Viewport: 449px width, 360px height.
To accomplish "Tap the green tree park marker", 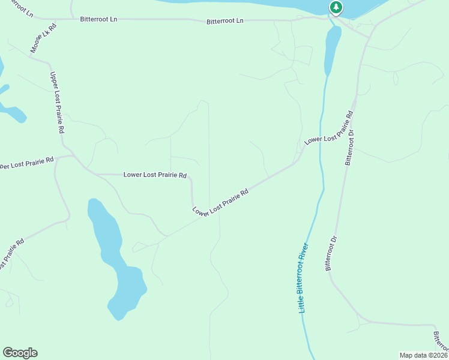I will (x=336, y=8).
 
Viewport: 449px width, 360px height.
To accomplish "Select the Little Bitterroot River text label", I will (x=304, y=277).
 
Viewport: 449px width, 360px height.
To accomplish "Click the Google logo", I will (x=20, y=353).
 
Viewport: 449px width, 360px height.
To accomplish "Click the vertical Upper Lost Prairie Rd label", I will (x=57, y=102).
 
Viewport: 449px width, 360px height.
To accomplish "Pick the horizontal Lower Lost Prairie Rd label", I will (x=155, y=175).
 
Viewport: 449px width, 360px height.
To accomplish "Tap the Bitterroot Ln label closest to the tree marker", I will (x=225, y=21).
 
